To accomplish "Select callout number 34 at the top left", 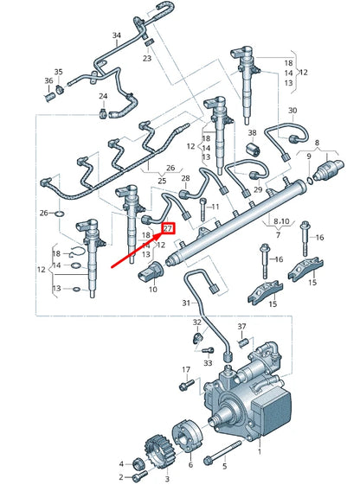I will (117, 35).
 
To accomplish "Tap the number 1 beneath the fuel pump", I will (258, 451).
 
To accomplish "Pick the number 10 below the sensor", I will (153, 289).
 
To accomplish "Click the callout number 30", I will (292, 111).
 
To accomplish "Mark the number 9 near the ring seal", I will (308, 156).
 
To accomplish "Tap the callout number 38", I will (252, 133).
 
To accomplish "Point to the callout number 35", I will (59, 72).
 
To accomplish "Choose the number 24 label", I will (102, 96).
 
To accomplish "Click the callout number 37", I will (243, 328).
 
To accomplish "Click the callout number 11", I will (215, 208).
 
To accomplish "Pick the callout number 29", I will (257, 189).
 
